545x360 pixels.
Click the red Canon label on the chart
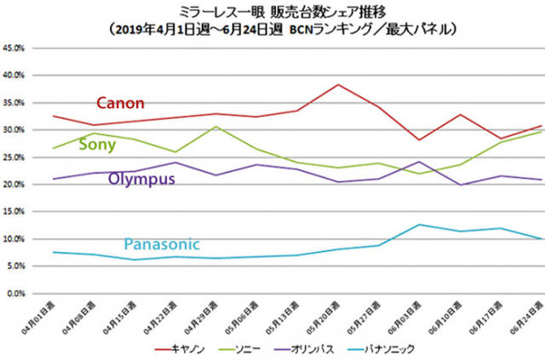[x=120, y=103]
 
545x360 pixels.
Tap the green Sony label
[x=97, y=145]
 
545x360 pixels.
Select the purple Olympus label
[x=141, y=179]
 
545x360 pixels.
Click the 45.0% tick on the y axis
[x=14, y=48]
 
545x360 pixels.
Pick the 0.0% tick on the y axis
[x=16, y=294]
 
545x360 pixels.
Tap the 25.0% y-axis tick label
[x=14, y=157]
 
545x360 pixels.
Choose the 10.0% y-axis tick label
[x=14, y=239]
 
